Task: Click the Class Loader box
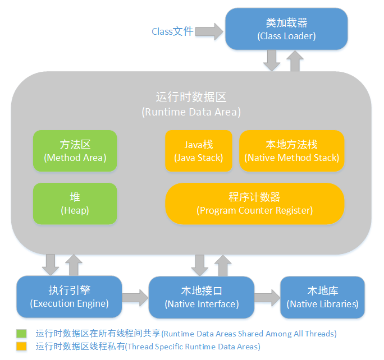286,29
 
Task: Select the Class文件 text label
172,31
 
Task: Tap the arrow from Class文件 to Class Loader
209,31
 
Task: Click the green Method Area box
75,151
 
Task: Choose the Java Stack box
198,151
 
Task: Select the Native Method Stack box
291,151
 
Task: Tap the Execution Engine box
69,297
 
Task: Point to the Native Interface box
202,297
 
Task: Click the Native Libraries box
322,297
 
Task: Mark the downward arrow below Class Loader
272,60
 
